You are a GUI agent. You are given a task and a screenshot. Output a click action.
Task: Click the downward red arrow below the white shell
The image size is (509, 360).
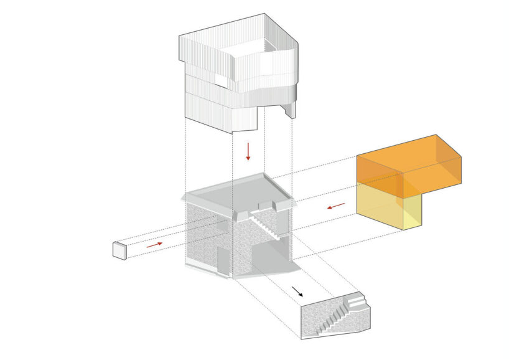pyautogui.click(x=248, y=151)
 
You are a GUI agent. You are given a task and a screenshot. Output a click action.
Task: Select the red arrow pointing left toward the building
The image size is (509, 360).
pyautogui.click(x=336, y=206)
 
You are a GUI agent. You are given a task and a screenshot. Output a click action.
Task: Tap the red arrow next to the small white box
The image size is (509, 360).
pyautogui.click(x=156, y=245)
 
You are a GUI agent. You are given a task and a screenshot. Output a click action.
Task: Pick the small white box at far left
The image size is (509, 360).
pyautogui.click(x=120, y=250)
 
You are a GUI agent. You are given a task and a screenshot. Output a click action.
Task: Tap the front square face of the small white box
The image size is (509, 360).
pyautogui.click(x=118, y=251)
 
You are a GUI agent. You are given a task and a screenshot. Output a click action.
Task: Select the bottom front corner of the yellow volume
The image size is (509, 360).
pyautogui.click(x=404, y=229)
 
